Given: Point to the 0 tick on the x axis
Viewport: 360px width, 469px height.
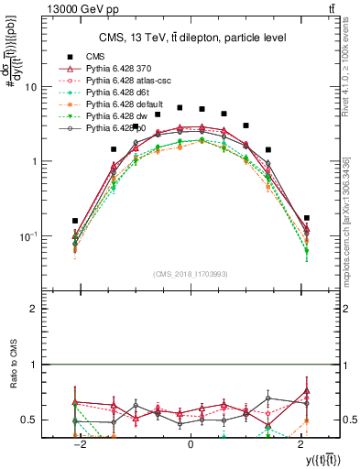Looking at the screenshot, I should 190,444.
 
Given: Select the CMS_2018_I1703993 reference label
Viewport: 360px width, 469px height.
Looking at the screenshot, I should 189,274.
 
